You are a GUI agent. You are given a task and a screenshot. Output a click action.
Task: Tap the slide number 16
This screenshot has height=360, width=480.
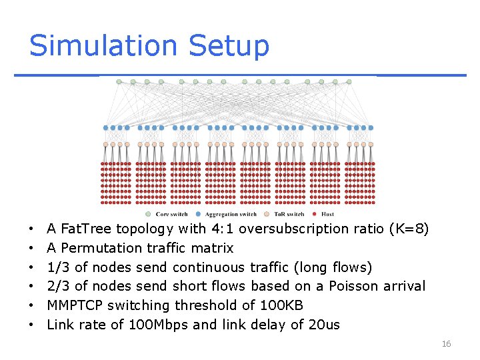coord(446,344)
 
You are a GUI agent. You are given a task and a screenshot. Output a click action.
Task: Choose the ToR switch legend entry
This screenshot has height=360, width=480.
coord(289,214)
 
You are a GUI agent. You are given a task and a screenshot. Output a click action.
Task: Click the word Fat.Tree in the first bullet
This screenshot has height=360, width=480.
coord(86,229)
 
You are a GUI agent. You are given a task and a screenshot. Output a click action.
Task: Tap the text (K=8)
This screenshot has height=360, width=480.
coord(408,229)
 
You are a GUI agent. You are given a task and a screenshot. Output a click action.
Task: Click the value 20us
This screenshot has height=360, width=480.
coord(325,325)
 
